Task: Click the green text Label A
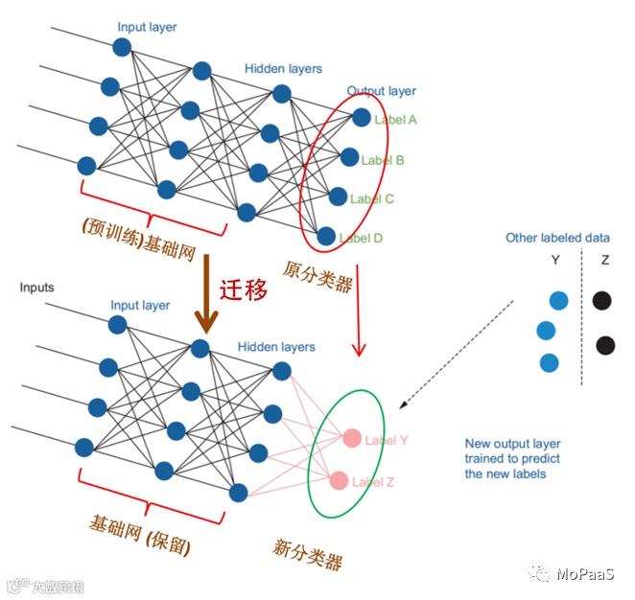tap(397, 120)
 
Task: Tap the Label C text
tap(372, 199)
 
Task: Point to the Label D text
tap(362, 238)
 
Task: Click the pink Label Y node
tap(352, 439)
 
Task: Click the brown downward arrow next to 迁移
tap(205, 297)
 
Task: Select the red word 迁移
tap(244, 290)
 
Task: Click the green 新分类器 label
tap(307, 554)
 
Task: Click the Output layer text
tap(381, 91)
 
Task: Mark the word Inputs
tap(37, 288)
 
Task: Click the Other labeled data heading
tap(557, 238)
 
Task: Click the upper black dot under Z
tap(601, 301)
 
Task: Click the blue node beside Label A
tap(362, 117)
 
